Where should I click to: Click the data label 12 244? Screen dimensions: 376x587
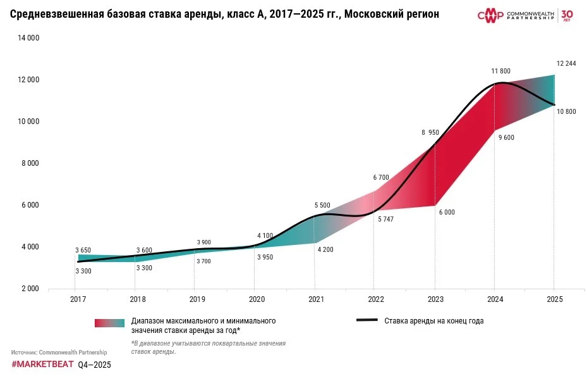pos(566,63)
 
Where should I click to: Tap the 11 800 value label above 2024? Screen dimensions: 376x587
pos(500,71)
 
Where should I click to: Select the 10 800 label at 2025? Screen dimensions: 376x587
pos(566,111)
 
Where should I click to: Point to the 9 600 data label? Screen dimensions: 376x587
pos(507,137)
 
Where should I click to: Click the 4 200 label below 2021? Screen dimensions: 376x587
pos(325,249)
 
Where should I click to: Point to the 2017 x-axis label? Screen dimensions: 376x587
pos(78,299)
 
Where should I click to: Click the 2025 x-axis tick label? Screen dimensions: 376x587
pos(554,299)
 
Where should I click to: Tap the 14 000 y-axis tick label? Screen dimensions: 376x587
pos(28,38)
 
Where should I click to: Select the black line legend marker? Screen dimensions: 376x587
pos(367,320)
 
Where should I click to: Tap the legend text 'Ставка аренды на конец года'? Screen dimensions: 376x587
pos(433,321)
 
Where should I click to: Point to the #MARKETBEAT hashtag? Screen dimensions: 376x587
pos(42,365)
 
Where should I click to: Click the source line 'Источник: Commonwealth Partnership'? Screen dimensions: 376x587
pos(59,352)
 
